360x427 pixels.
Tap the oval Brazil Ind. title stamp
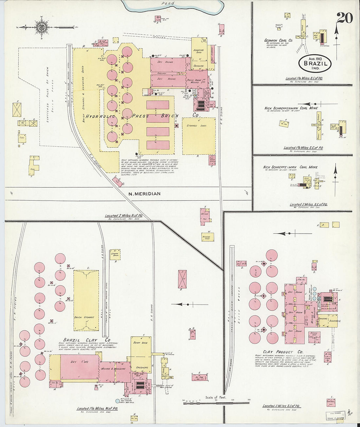pos(315,63)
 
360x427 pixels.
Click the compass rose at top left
pos(41,27)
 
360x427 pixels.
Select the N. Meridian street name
pos(144,194)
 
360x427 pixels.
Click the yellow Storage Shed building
pos(199,136)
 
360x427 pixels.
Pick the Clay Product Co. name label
pos(279,352)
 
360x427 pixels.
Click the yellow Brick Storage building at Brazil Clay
pos(86,300)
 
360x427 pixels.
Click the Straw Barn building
pos(115,254)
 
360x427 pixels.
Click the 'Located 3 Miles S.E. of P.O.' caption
pos(281,406)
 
